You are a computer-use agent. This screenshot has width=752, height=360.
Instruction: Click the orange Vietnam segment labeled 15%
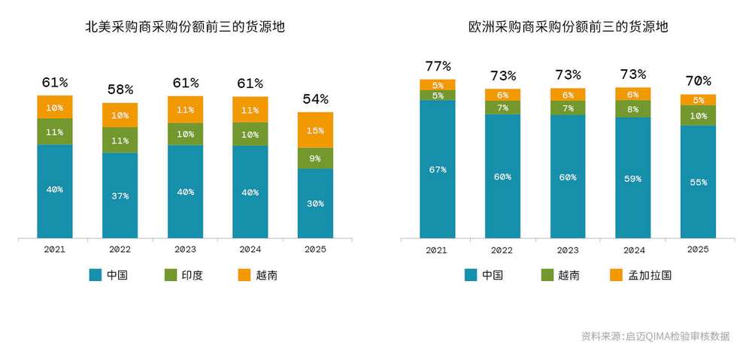315,130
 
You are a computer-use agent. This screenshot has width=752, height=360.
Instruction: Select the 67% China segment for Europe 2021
438,169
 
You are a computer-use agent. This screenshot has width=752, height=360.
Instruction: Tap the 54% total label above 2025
315,99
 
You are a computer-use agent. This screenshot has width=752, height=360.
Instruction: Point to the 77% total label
438,65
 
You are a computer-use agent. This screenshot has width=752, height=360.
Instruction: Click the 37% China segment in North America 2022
120,195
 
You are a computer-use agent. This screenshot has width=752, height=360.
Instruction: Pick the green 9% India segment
315,159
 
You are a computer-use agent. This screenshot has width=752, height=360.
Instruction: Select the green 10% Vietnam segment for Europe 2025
698,116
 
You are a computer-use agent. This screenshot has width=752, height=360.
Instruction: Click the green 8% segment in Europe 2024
632,109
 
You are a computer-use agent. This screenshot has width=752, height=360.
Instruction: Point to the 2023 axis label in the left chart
185,250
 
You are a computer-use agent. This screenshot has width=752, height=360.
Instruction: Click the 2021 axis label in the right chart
438,250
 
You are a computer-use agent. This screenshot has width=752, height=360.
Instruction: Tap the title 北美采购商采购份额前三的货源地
185,28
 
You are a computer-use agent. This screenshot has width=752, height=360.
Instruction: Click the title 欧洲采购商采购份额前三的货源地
568,28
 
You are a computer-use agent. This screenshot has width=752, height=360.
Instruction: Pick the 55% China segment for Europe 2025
698,182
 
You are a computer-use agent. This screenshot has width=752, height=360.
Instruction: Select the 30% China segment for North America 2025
315,203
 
